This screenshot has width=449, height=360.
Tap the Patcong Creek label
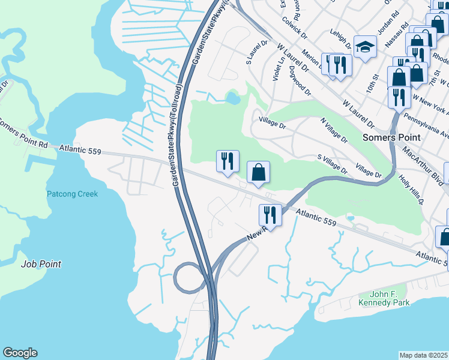pyautogui.click(x=72, y=194)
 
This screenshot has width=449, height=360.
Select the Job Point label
pyautogui.click(x=41, y=263)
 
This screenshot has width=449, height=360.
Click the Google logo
pyautogui.click(x=20, y=353)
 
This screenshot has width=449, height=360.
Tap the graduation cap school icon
pyautogui.click(x=364, y=46)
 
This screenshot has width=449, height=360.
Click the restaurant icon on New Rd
pyautogui.click(x=270, y=215)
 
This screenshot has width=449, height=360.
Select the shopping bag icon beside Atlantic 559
pyautogui.click(x=258, y=172)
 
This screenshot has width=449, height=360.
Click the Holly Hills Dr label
pyautogui.click(x=410, y=188)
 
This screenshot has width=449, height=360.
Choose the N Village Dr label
pyautogui.click(x=334, y=130)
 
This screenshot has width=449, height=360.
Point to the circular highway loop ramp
pyautogui.click(x=187, y=277)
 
